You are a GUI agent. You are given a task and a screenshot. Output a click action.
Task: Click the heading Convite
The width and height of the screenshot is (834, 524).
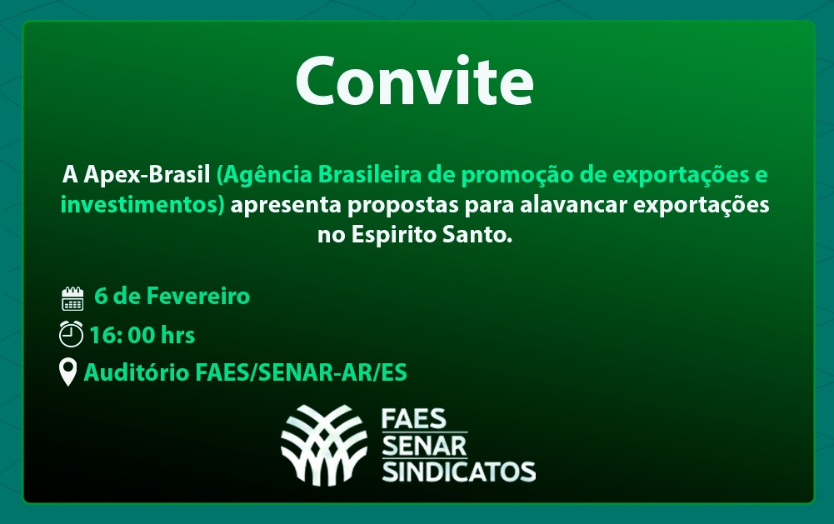[414, 81]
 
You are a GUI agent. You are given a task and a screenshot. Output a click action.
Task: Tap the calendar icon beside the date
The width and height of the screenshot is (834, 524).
[72, 298]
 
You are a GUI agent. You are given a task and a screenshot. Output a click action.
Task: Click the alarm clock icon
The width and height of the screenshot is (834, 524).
[71, 334]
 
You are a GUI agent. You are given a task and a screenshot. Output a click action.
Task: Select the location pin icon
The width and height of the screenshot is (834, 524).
[67, 372]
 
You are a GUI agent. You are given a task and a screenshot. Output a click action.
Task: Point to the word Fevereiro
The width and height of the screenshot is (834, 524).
[197, 296]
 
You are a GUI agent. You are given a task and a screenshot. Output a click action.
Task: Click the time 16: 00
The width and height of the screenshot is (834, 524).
[122, 335]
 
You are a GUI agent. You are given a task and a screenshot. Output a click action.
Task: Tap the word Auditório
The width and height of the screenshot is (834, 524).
[136, 372]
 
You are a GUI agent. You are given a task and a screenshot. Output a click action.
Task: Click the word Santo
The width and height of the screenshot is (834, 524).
[470, 235]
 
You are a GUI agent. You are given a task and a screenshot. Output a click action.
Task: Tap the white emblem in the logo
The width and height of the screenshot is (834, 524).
[324, 445]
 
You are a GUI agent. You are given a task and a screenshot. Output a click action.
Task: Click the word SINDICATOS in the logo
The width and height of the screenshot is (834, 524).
[458, 472]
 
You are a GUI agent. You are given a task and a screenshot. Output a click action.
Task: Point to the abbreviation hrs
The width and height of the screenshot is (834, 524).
[177, 335]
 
